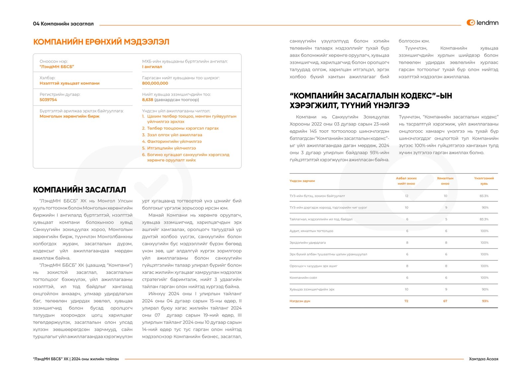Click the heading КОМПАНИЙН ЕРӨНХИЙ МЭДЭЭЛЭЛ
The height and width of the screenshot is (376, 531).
[x=101, y=42]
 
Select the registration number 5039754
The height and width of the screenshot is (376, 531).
[x=48, y=100]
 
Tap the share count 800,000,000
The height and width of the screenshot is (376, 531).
[x=155, y=83]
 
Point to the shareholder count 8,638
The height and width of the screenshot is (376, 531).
[x=147, y=100]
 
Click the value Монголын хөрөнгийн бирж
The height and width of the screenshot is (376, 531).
[x=69, y=116]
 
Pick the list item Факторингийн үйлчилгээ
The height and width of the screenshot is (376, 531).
[x=174, y=141]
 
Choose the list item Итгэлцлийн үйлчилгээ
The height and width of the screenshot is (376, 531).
[x=171, y=148]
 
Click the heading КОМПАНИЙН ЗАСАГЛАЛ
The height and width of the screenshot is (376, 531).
[x=79, y=190]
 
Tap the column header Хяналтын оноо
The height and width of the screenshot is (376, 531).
[x=445, y=181]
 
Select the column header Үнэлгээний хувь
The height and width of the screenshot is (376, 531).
[x=484, y=181]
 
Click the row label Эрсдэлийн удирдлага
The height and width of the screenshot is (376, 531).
[x=307, y=243]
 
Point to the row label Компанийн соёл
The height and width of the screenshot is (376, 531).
[x=303, y=278]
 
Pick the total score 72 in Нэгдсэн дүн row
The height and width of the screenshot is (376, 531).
[x=406, y=301]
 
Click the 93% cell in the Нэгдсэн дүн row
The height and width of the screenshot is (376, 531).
[x=485, y=301]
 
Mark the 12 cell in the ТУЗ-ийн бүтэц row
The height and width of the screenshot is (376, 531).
[x=407, y=196]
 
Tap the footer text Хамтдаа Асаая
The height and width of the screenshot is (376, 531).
[x=483, y=359]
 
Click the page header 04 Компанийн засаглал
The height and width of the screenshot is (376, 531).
[x=63, y=24]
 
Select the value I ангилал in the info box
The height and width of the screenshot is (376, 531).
[x=152, y=67]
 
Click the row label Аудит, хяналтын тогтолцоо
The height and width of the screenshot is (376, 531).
[x=311, y=231]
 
